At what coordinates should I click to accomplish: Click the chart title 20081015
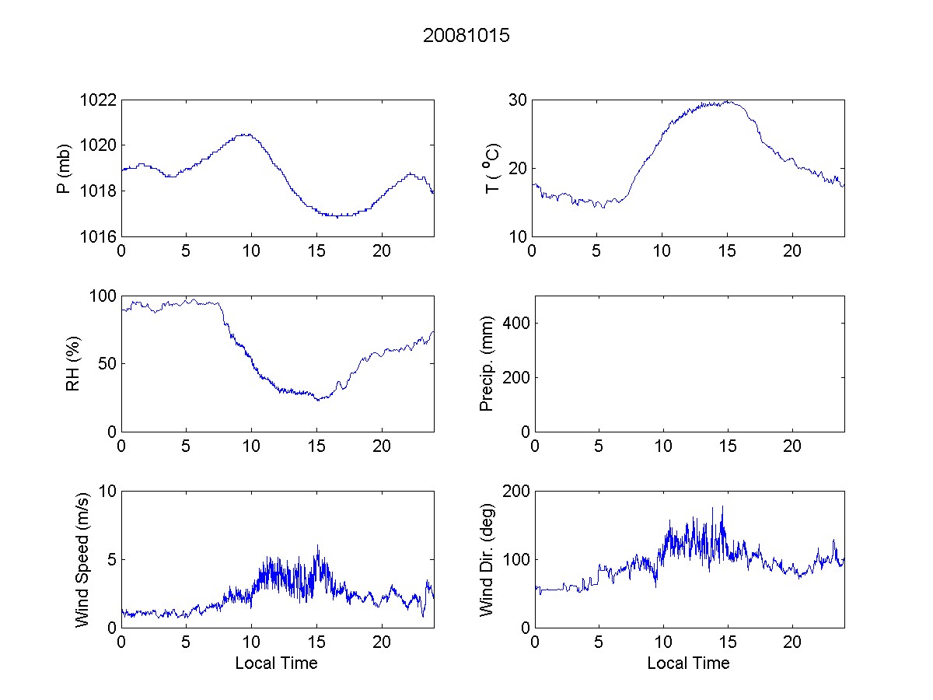(x=466, y=36)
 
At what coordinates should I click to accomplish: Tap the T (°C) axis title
(x=491, y=168)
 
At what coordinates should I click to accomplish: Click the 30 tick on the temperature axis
(x=518, y=100)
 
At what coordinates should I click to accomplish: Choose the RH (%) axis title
(x=73, y=363)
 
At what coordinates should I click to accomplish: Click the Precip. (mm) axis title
(x=487, y=363)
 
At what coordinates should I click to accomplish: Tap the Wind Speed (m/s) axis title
(x=82, y=559)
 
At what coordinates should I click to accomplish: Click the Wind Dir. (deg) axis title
(x=487, y=559)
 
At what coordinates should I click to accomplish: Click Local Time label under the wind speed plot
(x=276, y=663)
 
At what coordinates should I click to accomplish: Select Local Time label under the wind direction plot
(x=688, y=663)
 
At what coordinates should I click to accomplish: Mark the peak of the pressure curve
(x=246, y=134)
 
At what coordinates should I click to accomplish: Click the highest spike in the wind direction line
(x=722, y=507)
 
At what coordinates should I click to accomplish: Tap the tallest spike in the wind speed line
(x=317, y=546)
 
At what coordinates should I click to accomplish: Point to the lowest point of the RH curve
(x=317, y=400)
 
